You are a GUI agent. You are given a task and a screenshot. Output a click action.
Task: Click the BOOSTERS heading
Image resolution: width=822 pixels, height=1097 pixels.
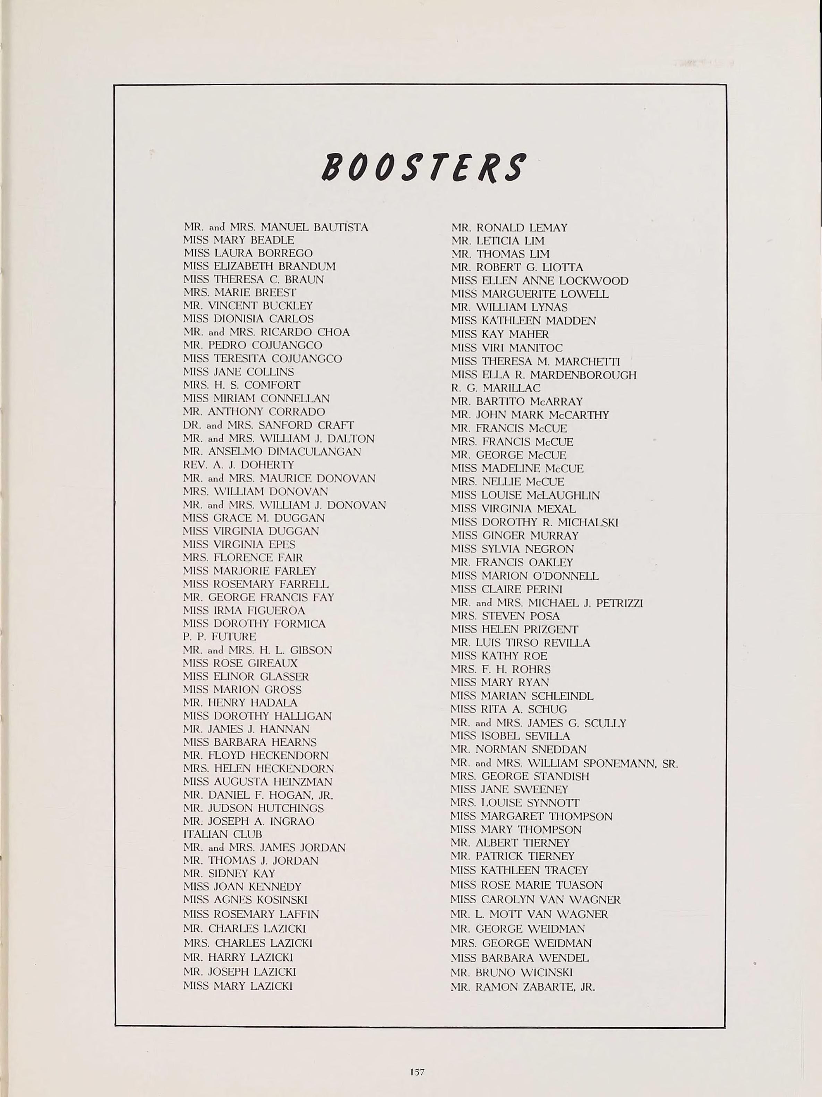point(423,167)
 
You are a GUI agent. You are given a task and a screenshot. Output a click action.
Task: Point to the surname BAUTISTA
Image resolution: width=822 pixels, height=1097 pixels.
point(341,227)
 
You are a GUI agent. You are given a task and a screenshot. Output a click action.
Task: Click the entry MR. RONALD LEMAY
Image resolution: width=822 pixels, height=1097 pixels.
point(509,228)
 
